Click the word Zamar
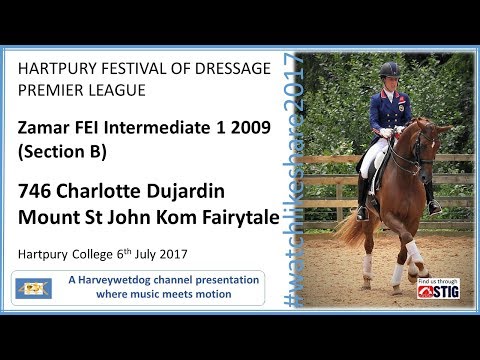tap(47, 128)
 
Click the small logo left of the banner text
tap(32, 288)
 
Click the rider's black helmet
tap(390, 70)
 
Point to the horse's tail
tap(350, 229)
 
